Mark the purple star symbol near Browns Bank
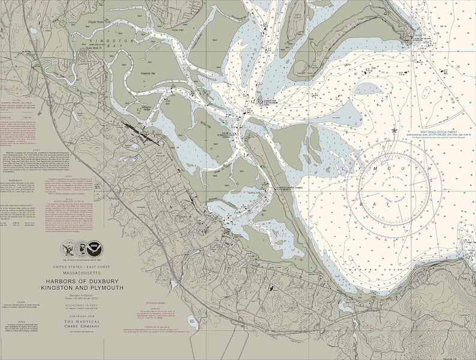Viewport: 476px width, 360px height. (394, 130)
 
